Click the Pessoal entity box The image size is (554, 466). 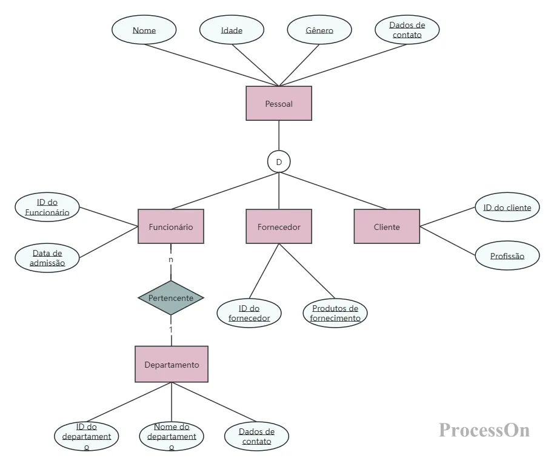tap(279, 103)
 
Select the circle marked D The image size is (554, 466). tap(279, 162)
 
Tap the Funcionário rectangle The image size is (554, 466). tap(171, 226)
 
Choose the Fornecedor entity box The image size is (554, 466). tap(279, 226)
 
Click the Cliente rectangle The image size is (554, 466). tap(387, 226)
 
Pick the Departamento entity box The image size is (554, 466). tap(172, 364)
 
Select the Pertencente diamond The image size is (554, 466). tap(171, 298)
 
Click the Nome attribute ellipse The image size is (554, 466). tap(144, 30)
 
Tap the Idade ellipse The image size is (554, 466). tap(232, 30)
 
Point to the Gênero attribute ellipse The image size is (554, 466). tap(319, 30)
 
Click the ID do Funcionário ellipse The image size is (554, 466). tap(47, 207)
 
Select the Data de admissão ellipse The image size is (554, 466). tap(47, 258)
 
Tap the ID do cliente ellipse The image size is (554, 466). tap(507, 207)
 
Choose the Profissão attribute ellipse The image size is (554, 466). tap(507, 255)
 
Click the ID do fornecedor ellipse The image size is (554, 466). tap(249, 313)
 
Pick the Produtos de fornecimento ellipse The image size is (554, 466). tap(335, 313)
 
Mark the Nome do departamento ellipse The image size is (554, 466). tap(172, 436)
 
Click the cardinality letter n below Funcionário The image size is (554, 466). tap(171, 260)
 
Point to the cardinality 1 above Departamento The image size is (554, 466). tap(171, 329)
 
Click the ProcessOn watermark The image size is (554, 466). tap(484, 430)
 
